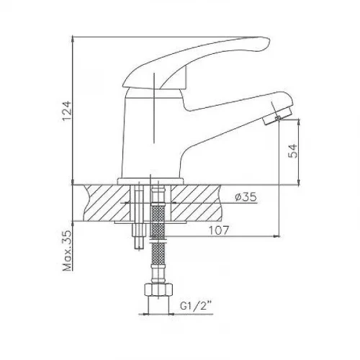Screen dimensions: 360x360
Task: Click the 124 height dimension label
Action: point(67,111)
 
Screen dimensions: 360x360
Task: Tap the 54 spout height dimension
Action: point(292,151)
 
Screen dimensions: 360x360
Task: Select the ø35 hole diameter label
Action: point(246,197)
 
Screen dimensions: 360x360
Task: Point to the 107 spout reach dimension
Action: point(219,230)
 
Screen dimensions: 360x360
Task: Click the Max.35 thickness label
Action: point(67,251)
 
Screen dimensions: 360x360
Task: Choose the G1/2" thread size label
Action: point(197,306)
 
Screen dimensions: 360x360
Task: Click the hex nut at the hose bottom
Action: point(158,290)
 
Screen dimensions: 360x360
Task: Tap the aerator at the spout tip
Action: point(278,116)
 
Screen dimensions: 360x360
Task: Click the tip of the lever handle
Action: point(269,43)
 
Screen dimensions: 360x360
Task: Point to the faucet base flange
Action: point(150,181)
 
